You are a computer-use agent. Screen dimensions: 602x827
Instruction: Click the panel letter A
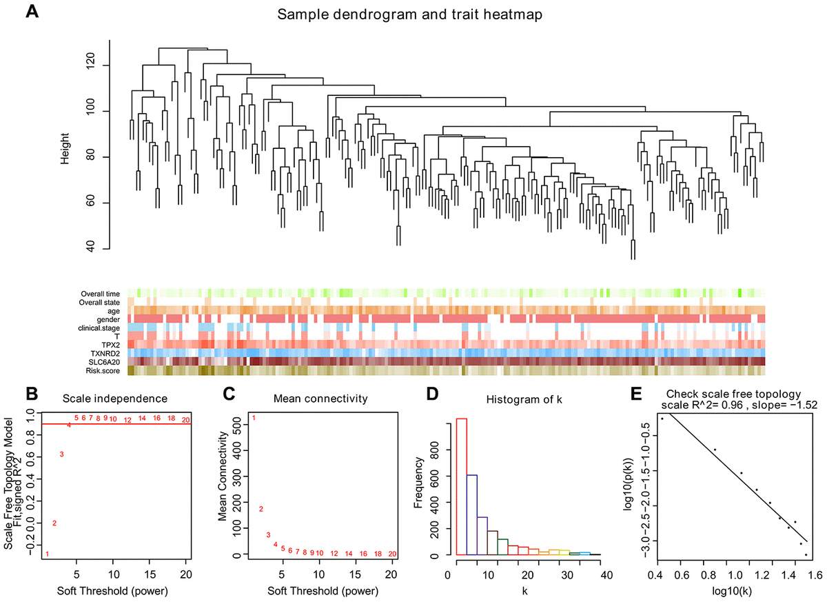click(31, 14)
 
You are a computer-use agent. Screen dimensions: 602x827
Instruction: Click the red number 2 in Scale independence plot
click(54, 523)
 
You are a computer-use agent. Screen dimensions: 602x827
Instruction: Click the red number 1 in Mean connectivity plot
click(254, 418)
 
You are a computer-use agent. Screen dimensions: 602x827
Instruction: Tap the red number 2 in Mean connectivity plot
click(261, 509)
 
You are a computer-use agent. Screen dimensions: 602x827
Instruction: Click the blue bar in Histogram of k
click(472, 514)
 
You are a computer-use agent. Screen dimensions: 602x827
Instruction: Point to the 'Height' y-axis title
click(64, 148)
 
